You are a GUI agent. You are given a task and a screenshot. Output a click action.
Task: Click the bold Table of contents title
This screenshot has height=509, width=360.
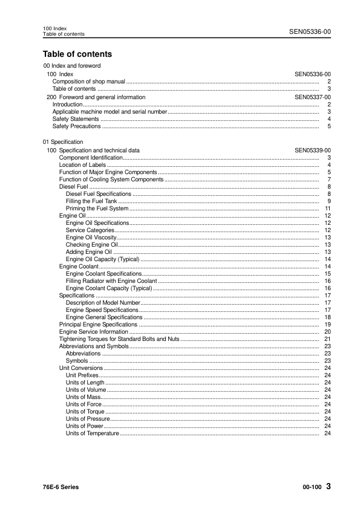[x=77, y=54]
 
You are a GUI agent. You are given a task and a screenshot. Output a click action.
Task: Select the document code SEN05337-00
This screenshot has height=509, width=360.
[x=312, y=97]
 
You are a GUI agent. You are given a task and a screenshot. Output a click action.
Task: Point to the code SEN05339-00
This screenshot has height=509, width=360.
[x=312, y=150]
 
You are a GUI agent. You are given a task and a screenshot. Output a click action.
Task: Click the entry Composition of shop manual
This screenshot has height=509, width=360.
[x=89, y=81]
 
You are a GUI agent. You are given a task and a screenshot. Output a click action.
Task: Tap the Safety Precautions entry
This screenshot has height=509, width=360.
[x=77, y=126]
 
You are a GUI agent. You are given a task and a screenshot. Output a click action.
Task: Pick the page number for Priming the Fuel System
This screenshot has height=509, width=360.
[x=327, y=209]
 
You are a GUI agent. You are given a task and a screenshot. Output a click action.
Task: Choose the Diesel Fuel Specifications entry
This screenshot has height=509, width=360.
[x=98, y=194]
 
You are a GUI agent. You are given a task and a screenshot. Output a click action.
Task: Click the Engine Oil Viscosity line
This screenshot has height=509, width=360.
[x=91, y=238]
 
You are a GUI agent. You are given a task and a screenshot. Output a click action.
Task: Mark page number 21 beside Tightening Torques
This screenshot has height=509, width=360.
[x=327, y=339]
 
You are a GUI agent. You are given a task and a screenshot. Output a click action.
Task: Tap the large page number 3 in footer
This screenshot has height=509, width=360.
[x=328, y=487]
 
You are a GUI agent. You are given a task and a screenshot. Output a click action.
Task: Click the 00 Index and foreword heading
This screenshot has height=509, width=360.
[x=72, y=65]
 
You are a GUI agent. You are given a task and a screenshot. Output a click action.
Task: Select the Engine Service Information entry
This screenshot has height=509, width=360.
[x=93, y=332]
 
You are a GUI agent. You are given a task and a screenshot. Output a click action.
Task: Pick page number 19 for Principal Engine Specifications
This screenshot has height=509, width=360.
[x=327, y=325]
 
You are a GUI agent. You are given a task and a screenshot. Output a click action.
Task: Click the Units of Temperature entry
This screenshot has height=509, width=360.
[x=93, y=433]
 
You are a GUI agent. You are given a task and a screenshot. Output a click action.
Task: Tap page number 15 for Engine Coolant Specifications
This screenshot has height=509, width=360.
[x=327, y=274]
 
